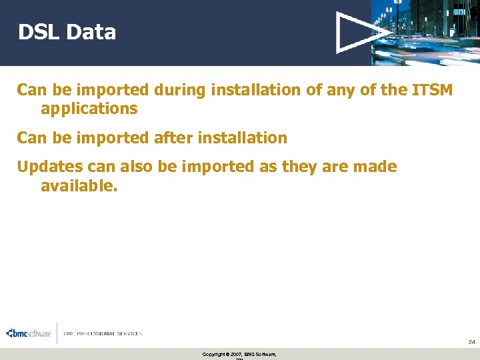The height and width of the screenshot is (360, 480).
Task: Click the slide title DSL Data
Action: pyautogui.click(x=67, y=32)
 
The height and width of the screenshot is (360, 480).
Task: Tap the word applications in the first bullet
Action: pyautogui.click(x=89, y=109)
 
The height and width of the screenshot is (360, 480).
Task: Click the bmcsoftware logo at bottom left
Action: pyautogui.click(x=29, y=333)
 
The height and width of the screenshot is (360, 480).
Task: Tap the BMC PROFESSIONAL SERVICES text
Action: pyautogui.click(x=103, y=333)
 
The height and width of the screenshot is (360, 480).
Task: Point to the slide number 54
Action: pyautogui.click(x=471, y=341)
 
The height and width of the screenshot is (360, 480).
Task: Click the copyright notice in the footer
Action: pyautogui.click(x=239, y=354)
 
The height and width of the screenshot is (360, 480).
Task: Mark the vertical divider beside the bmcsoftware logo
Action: pyautogui.click(x=57, y=333)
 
